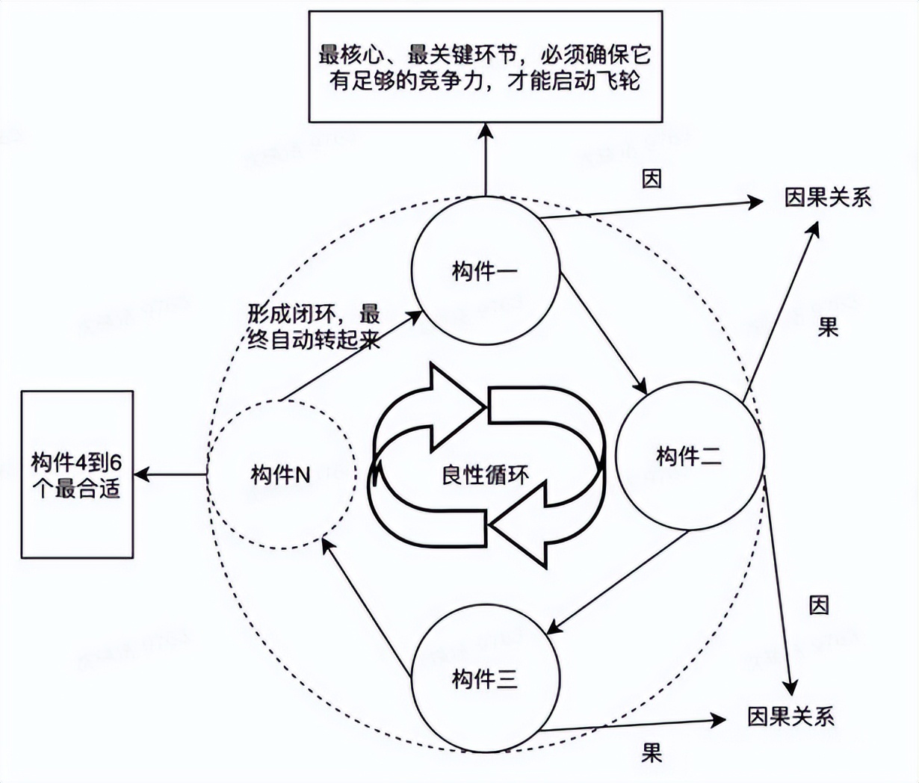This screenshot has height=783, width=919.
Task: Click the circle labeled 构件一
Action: pos(485,270)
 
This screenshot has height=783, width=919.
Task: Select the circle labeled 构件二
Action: pos(689,456)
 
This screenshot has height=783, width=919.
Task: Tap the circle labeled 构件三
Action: pos(485,678)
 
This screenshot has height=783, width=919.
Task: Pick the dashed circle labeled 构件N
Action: pos(281,474)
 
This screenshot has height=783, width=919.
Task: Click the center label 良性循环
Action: pos(485,475)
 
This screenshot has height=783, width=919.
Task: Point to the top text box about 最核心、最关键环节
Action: pos(486,66)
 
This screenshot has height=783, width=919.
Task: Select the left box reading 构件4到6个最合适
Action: pos(77,474)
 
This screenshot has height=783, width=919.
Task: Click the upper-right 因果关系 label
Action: pos(827,198)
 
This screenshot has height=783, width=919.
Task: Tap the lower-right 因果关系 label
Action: pos(790,717)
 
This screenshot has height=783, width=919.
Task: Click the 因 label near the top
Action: pos(652,178)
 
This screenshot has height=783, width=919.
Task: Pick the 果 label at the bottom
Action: pos(652,752)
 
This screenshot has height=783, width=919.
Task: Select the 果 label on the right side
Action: pos(828,327)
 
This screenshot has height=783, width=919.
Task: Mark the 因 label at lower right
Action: pos(819,604)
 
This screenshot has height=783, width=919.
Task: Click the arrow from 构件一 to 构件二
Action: pos(603,332)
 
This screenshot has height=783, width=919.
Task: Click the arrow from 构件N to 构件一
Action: pos(351,356)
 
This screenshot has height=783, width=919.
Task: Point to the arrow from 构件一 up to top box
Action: pos(486,160)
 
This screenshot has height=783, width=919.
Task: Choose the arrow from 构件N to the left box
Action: pos(170,474)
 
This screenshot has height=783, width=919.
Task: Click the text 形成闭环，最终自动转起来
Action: pos(314,326)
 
